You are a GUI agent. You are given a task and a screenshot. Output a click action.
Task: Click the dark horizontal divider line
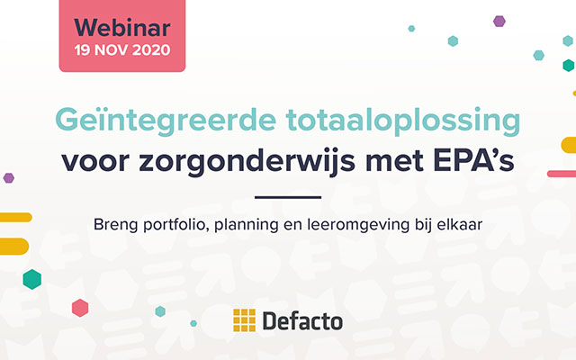tap(288, 196)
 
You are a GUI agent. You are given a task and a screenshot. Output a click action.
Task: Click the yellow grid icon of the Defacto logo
tap(244, 319)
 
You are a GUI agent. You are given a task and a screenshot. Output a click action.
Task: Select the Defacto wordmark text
tap(301, 319)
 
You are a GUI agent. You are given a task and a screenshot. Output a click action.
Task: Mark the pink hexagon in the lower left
tap(80, 308)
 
